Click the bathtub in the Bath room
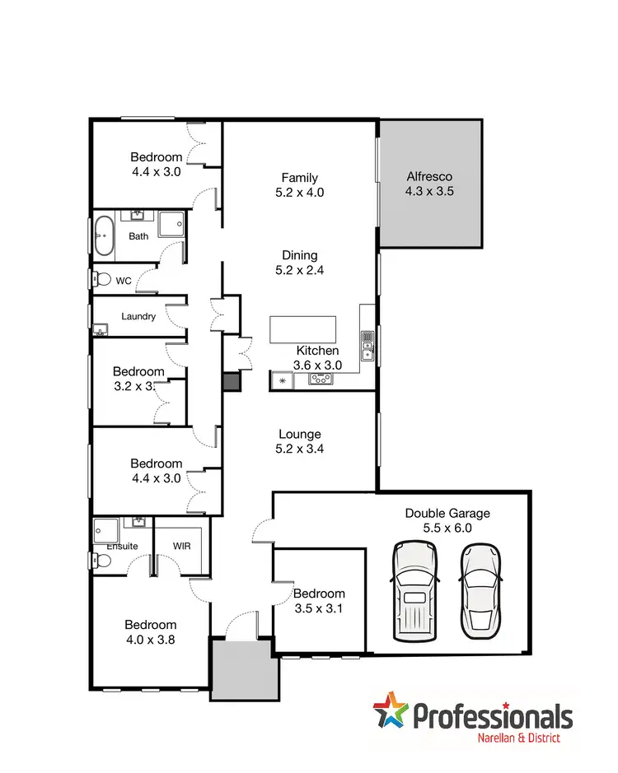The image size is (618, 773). click(103, 235)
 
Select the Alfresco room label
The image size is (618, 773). click(429, 176)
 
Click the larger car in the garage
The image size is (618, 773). click(414, 590)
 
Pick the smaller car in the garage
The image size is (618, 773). click(480, 590)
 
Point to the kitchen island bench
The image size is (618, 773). click(303, 329)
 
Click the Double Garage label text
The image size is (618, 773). click(447, 513)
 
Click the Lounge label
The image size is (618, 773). click(300, 434)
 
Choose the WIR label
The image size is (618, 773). click(183, 546)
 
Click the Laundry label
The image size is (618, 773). click(138, 316)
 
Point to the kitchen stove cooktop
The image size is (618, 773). click(320, 379)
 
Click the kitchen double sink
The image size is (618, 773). click(368, 346)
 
